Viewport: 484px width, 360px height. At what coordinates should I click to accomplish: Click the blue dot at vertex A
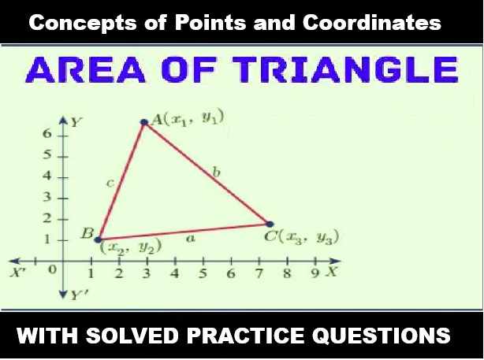tap(144, 122)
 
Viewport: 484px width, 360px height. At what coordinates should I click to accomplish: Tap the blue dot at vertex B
tap(97, 237)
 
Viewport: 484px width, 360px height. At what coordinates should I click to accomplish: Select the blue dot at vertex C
tap(270, 225)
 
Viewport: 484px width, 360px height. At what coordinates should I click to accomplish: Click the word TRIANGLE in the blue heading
tap(357, 72)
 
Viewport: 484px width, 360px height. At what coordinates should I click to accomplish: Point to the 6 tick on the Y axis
tap(47, 135)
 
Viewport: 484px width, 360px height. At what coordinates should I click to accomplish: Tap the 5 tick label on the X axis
tap(203, 274)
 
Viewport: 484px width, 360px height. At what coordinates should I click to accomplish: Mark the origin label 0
tap(52, 270)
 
